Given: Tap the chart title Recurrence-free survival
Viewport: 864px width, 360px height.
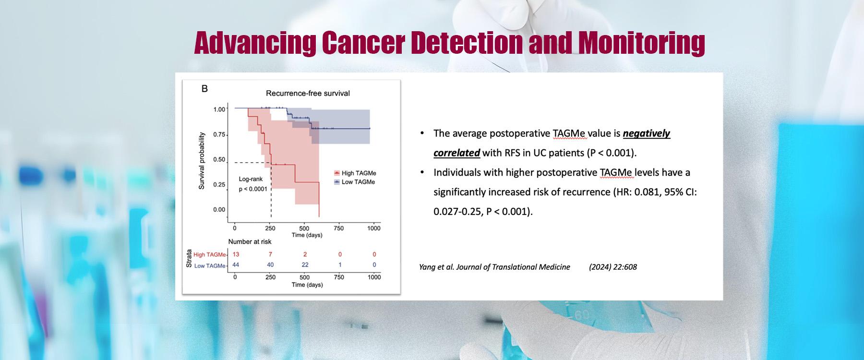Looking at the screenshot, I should (x=308, y=93).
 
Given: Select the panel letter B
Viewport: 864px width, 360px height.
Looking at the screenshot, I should (x=204, y=89).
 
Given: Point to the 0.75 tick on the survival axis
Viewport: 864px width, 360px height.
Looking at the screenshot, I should (x=219, y=134).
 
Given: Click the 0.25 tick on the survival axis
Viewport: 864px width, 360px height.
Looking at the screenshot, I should (x=219, y=184).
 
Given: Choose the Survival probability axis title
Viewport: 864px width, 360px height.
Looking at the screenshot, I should (x=202, y=161).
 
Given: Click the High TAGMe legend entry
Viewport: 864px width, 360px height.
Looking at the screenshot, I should (x=358, y=173).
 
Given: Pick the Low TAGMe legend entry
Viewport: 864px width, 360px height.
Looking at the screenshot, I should (x=358, y=182).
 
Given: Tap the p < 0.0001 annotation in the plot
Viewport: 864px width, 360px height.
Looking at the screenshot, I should (x=253, y=189).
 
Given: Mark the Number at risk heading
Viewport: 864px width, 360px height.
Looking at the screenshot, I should (x=250, y=242).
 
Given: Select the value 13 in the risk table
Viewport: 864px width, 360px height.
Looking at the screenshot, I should (x=235, y=254).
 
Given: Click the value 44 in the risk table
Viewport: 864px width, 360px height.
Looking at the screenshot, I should (x=235, y=264).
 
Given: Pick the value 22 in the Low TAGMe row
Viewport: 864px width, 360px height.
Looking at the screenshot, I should (x=305, y=264).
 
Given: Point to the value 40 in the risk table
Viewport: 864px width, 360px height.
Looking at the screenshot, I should (x=270, y=264).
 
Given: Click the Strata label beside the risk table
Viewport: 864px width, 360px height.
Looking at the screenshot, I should (x=189, y=259).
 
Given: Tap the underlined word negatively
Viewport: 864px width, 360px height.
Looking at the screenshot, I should (x=646, y=133).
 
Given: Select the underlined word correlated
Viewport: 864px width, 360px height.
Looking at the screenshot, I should (x=456, y=153).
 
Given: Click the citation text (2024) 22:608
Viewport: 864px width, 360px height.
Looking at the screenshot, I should (x=612, y=267).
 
